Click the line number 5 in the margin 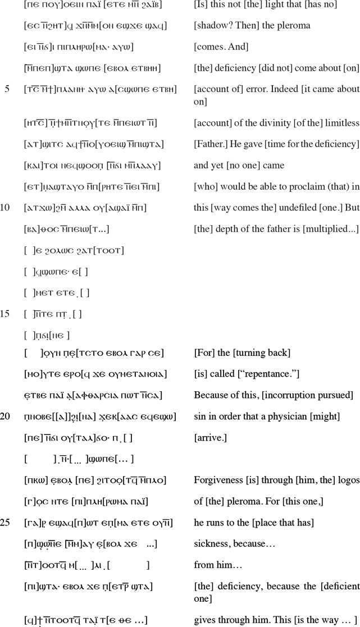pyautogui.click(x=7, y=89)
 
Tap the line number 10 pyautogui.click(x=5, y=208)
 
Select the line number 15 pyautogui.click(x=5, y=314)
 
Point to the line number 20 pyautogui.click(x=5, y=417)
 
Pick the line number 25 pyautogui.click(x=5, y=523)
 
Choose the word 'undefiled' pyautogui.click(x=285, y=208)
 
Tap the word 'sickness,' pyautogui.click(x=211, y=544)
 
